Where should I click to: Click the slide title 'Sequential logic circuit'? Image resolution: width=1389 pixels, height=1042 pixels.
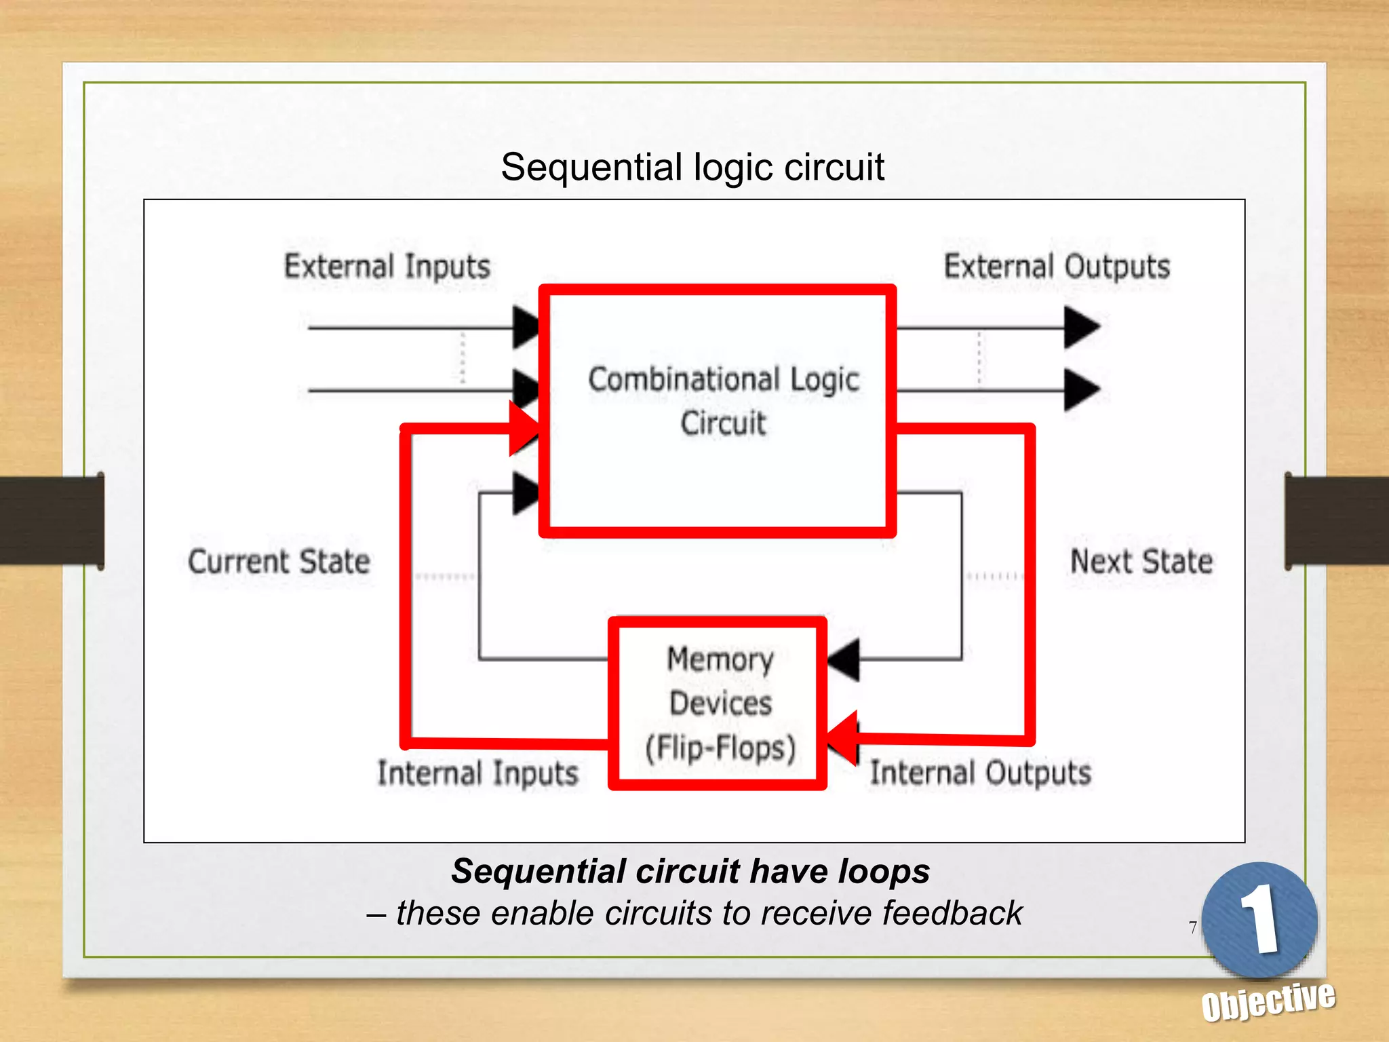[x=692, y=168]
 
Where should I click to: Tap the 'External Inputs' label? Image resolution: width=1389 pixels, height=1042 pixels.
[x=387, y=267]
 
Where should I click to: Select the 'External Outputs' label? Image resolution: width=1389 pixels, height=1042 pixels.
[x=1057, y=267]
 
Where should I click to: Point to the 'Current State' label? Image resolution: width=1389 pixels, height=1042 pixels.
[x=279, y=562]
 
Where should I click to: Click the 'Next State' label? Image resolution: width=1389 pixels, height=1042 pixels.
[x=1141, y=562]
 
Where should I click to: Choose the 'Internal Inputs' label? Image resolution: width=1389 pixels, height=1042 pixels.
[x=477, y=773]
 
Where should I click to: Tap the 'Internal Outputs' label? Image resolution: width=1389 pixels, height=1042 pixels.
[x=981, y=773]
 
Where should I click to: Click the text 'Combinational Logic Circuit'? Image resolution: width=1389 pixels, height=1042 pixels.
[x=723, y=400]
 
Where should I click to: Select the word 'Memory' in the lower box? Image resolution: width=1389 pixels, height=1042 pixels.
[x=720, y=659]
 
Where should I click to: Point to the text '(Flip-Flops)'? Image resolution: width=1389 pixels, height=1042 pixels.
[x=720, y=748]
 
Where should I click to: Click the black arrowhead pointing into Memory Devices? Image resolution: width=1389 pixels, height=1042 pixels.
[x=845, y=659]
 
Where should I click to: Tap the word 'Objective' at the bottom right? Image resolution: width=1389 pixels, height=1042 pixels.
[x=1268, y=1001]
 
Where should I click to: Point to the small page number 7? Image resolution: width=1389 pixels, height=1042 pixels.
[x=1193, y=927]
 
